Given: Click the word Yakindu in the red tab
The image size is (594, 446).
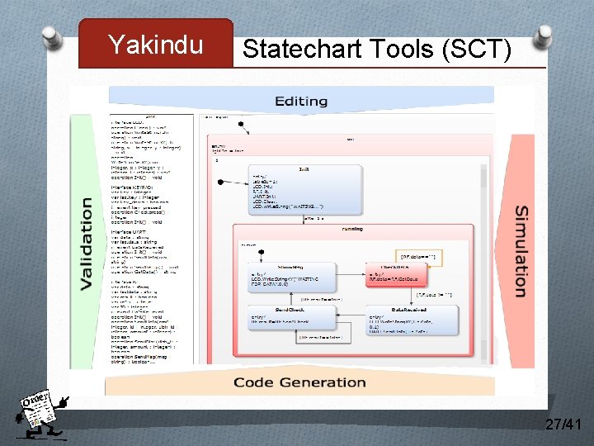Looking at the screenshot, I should [x=155, y=45].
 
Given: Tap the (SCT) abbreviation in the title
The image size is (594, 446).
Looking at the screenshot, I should [x=477, y=50].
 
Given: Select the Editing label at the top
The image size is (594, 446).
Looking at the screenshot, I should [x=301, y=101].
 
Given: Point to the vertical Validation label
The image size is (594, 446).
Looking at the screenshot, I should [x=86, y=244].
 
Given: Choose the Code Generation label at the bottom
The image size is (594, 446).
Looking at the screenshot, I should [x=299, y=382].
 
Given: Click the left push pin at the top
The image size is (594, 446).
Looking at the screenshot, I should [x=51, y=36].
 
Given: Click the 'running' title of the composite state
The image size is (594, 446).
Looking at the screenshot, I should [x=352, y=230].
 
